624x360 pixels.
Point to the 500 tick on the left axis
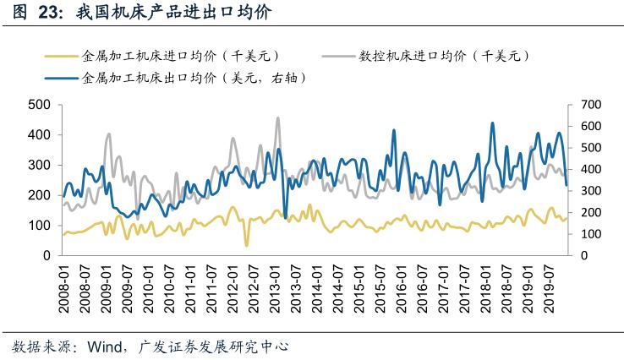[x=40, y=105]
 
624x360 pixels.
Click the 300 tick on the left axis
[x=40, y=165]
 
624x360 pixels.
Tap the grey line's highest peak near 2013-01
[x=277, y=118]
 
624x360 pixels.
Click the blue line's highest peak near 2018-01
[x=493, y=123]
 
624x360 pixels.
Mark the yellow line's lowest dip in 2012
[x=247, y=245]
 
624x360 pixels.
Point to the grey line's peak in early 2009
[x=108, y=134]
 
